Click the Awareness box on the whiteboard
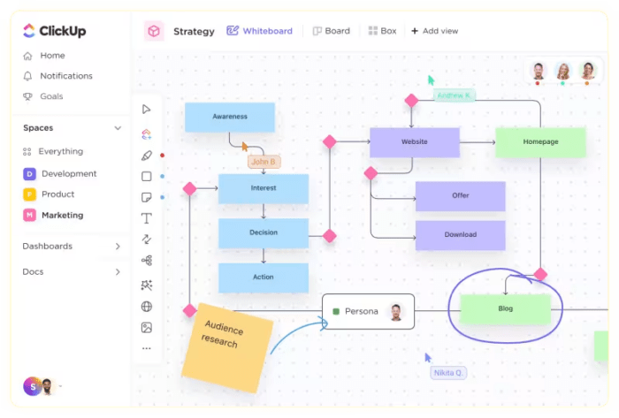(x=229, y=117)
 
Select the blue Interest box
(x=263, y=188)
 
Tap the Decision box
(x=263, y=232)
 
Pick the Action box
(x=263, y=277)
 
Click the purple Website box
(x=414, y=142)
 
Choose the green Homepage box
(x=539, y=142)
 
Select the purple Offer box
(x=460, y=195)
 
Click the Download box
(x=460, y=235)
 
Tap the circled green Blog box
(x=505, y=309)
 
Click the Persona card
(x=367, y=311)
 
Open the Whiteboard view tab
(x=259, y=31)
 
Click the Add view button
(x=434, y=31)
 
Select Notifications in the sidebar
(x=65, y=76)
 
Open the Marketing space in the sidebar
(x=62, y=215)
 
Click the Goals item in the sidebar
(x=51, y=96)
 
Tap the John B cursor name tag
(x=264, y=162)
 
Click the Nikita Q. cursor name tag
(x=448, y=373)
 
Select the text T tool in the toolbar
(x=147, y=217)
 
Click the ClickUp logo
(x=56, y=32)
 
